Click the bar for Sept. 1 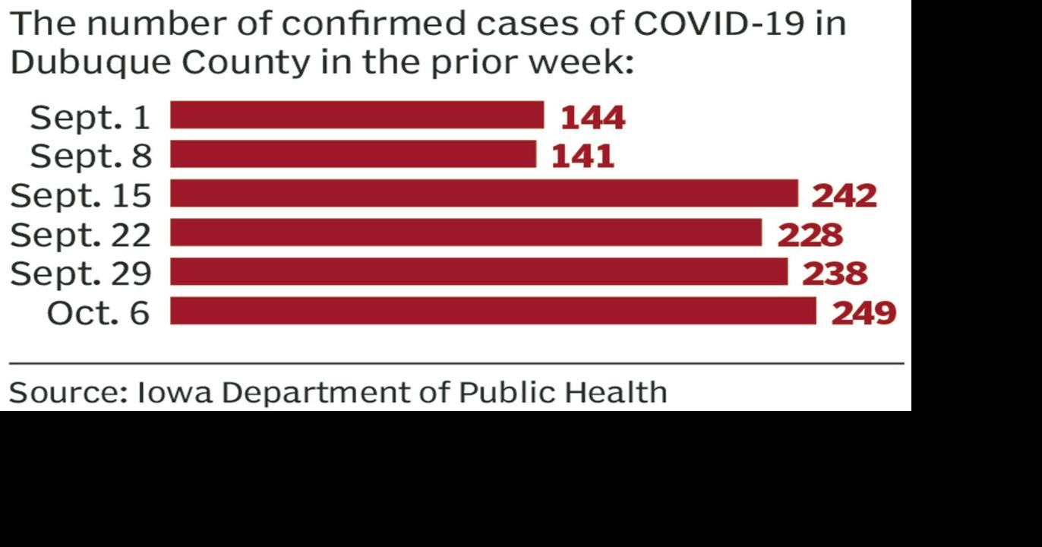click(x=357, y=115)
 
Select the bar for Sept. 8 click(x=353, y=154)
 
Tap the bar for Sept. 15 click(x=484, y=194)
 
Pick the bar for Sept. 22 click(x=466, y=233)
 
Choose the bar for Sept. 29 click(x=478, y=272)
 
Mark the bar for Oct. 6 click(x=493, y=311)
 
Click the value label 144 click(x=592, y=118)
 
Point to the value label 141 click(x=583, y=157)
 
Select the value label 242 click(x=845, y=196)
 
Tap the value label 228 click(x=810, y=235)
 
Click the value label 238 click(x=835, y=273)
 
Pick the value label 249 click(x=864, y=313)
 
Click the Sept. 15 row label click(x=81, y=196)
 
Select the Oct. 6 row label click(x=98, y=313)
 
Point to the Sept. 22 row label click(x=81, y=235)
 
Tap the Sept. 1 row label click(x=90, y=118)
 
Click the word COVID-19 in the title click(x=719, y=24)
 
